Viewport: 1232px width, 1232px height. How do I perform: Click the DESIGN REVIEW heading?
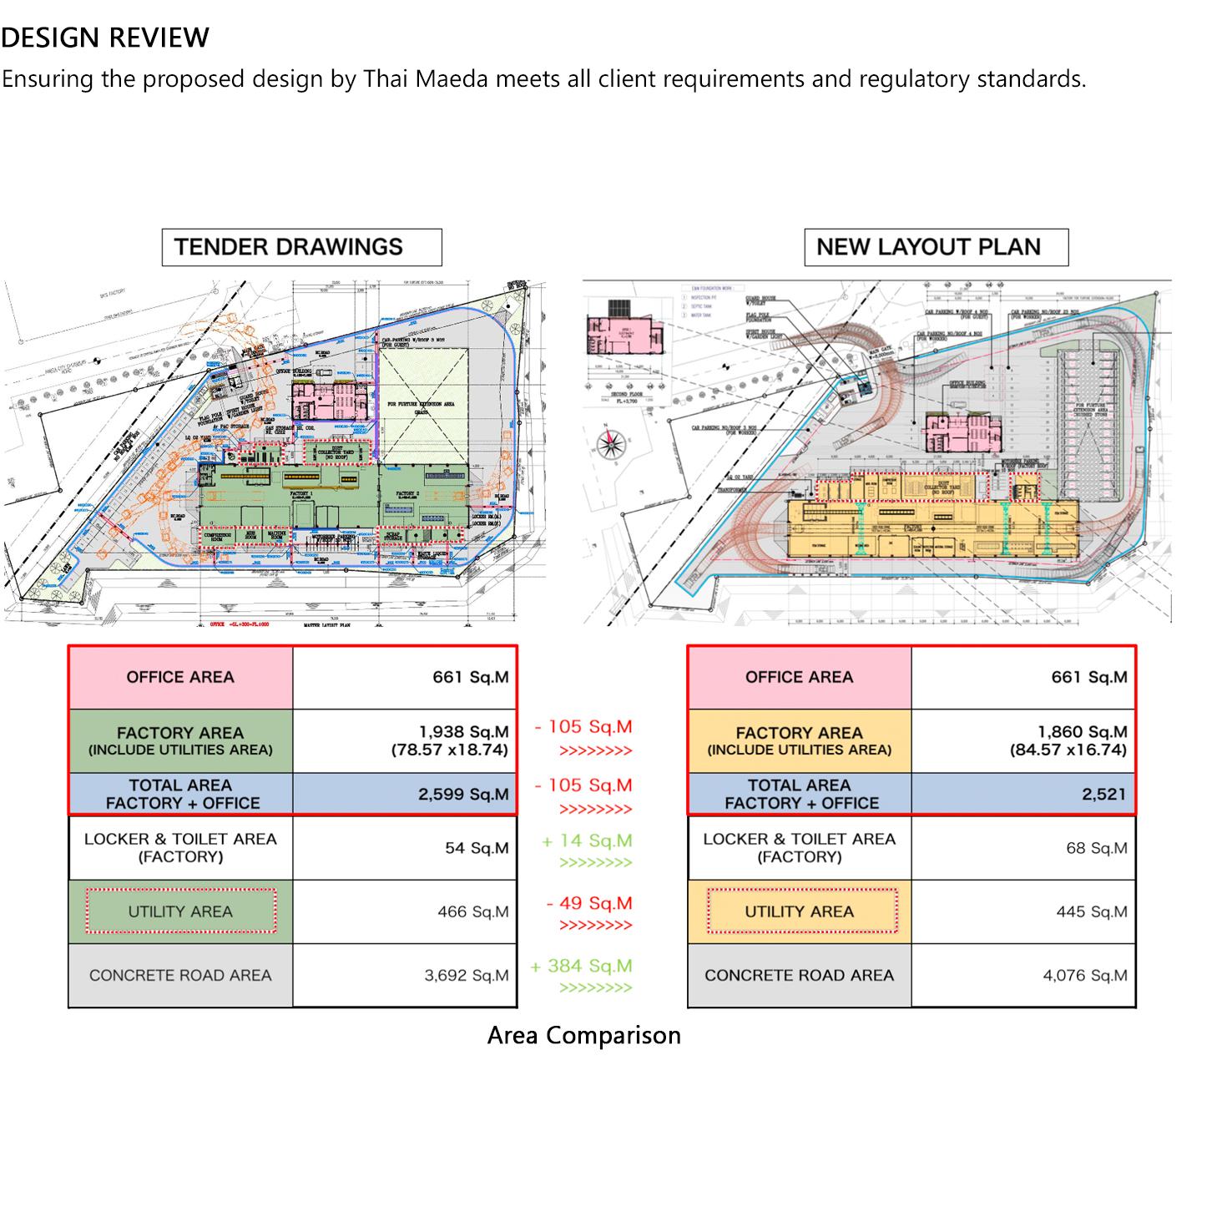105,38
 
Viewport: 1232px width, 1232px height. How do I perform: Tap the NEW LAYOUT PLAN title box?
936,247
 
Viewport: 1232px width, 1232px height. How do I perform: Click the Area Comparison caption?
583,1035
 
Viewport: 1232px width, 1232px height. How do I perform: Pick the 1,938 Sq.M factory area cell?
405,740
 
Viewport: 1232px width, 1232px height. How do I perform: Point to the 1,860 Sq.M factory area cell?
1023,740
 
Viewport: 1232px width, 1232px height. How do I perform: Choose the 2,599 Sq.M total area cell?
405,794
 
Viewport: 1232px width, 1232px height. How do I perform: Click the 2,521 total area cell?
1023,794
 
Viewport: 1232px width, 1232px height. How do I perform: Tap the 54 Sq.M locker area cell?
405,848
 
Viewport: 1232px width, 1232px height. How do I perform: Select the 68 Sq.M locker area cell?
1023,848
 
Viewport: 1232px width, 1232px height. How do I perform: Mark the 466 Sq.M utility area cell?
405,911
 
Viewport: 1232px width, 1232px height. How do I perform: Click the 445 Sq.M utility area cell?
1023,911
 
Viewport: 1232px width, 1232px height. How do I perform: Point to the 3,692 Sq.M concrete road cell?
405,975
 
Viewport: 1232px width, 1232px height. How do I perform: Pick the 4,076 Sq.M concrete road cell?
1023,975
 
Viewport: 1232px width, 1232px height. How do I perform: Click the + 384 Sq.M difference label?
582,967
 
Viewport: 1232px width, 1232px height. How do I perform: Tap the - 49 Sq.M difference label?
589,903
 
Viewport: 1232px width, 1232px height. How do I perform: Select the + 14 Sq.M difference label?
587,841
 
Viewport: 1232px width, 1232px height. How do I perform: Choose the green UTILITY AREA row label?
180,911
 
